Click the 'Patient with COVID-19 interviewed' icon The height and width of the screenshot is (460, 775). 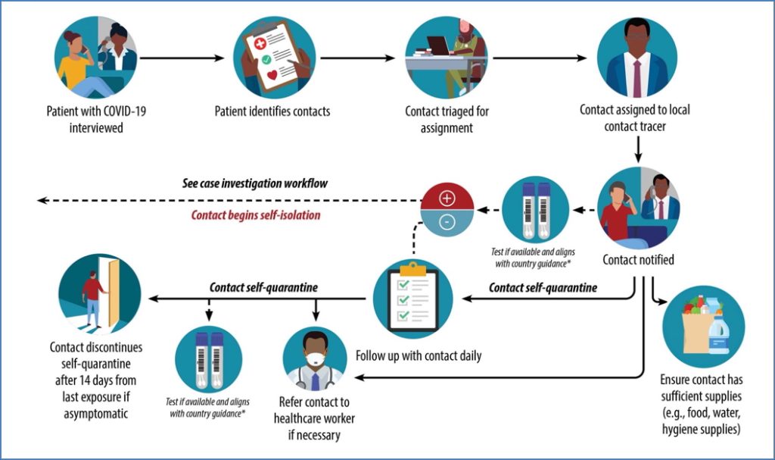(95, 58)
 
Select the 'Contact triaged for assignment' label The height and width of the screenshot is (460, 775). (447, 120)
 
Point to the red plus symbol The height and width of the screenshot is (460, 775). (447, 198)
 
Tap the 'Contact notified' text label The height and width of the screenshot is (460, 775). (638, 260)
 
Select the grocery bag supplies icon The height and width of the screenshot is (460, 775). (703, 326)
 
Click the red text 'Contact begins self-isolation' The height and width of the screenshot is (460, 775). (255, 215)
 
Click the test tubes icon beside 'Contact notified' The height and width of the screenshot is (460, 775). (536, 208)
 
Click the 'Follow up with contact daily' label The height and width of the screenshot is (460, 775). (418, 355)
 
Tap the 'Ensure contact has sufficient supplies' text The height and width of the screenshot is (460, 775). (701, 403)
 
